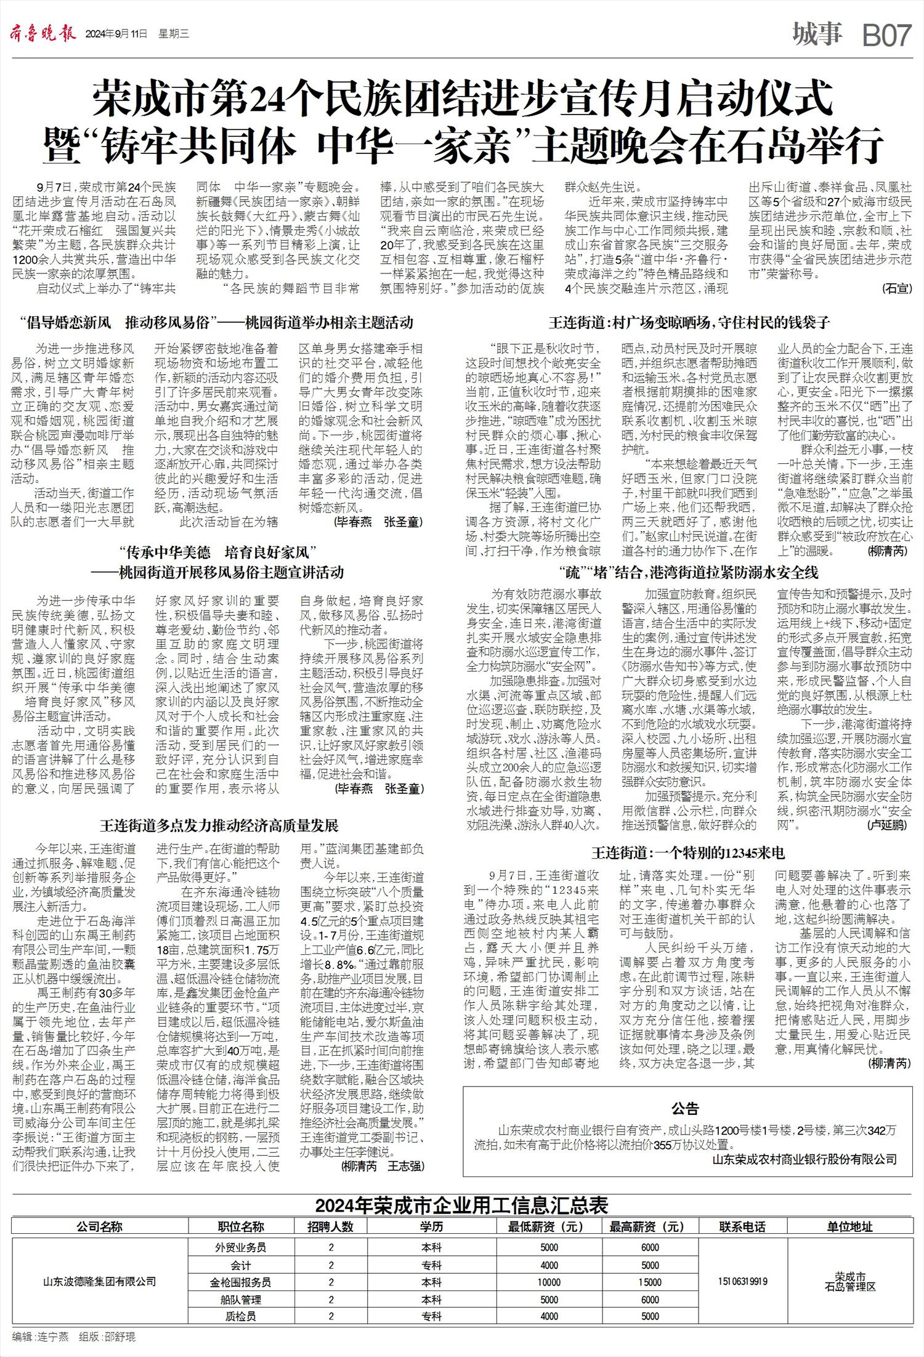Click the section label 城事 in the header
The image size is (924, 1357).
tap(817, 34)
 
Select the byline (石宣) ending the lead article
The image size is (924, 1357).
tap(896, 288)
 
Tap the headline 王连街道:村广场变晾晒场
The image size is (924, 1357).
tap(689, 322)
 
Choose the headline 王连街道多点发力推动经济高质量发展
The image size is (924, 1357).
tap(219, 825)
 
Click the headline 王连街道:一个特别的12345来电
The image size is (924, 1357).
tap(688, 853)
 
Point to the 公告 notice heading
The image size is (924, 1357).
tap(685, 1109)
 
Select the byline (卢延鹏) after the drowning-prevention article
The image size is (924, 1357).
tap(886, 824)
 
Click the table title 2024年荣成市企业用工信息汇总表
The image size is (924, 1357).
tap(461, 1205)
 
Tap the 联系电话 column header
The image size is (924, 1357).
tap(742, 1226)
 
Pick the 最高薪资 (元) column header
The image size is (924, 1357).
tap(647, 1226)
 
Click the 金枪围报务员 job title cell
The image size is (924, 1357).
tap(240, 1282)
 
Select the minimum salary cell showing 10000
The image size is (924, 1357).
tap(549, 1282)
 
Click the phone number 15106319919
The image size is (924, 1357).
tap(742, 1281)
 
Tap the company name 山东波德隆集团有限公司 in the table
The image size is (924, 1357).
tap(99, 1281)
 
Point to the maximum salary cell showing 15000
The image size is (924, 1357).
tap(650, 1282)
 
